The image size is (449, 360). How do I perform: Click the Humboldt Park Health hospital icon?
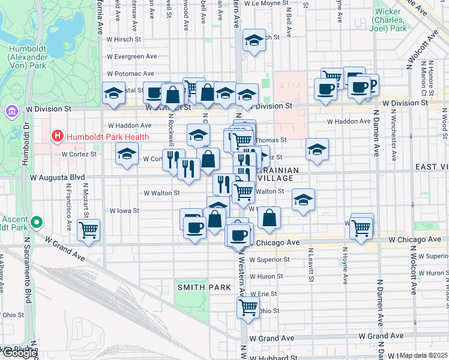tap(58, 136)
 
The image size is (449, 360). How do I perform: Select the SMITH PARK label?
tap(204, 287)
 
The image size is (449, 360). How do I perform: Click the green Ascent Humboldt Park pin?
tap(37, 223)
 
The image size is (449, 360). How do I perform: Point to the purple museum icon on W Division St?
tap(11, 112)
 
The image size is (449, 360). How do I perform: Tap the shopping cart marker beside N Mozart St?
tap(89, 229)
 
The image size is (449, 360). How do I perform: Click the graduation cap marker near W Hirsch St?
tap(255, 41)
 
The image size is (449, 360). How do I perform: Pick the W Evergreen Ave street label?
tap(131, 56)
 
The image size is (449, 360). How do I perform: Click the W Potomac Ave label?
tap(131, 73)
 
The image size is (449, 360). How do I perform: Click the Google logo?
tap(19, 353)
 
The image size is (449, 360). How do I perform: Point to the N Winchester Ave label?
tap(394, 135)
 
